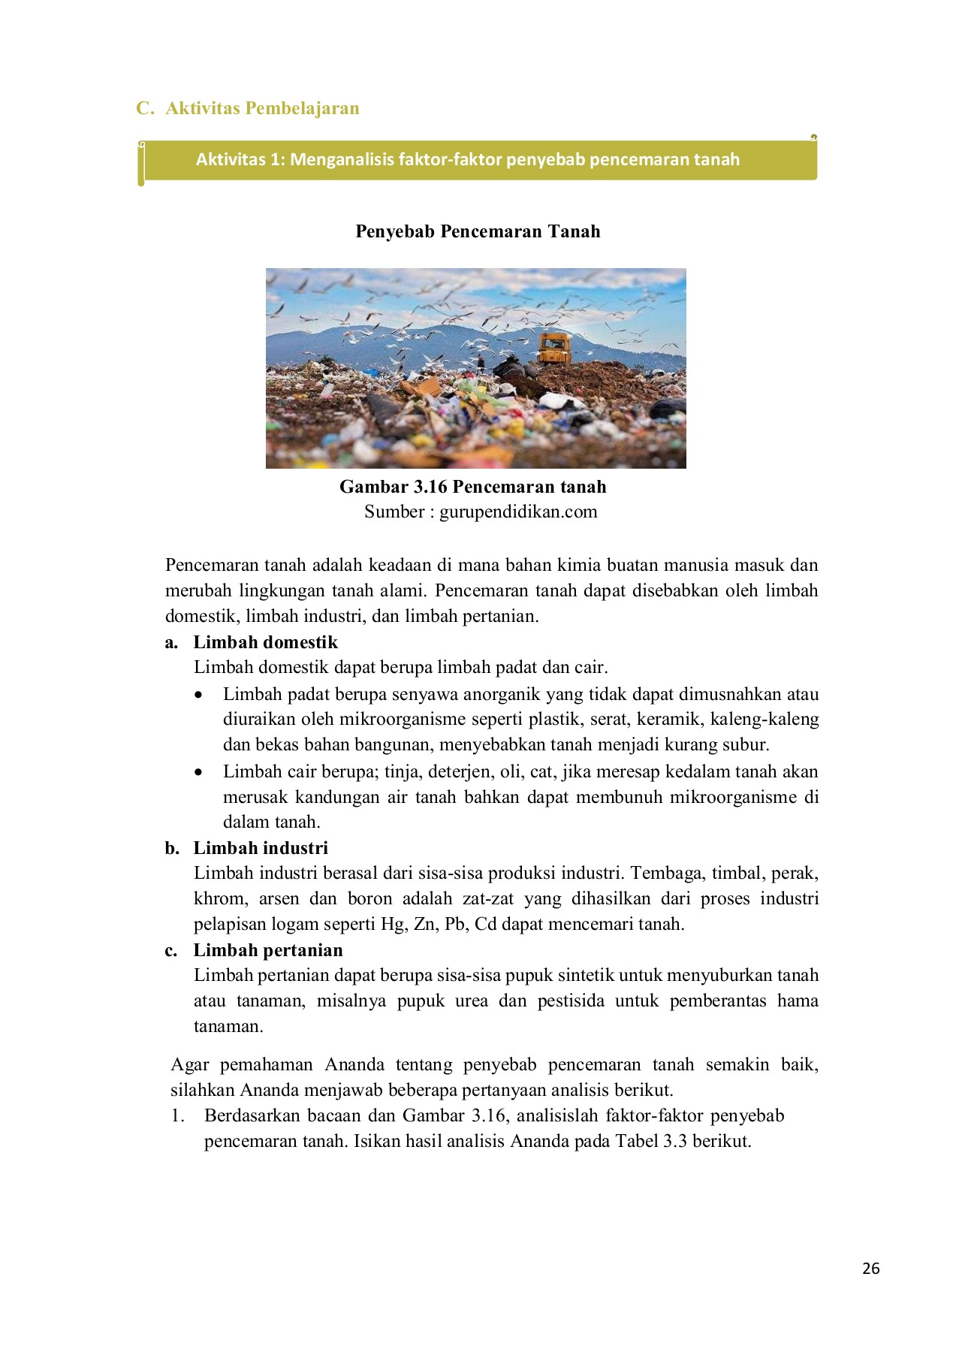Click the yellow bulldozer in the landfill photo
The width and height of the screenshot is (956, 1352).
[x=554, y=349]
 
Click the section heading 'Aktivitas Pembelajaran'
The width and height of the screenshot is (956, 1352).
[x=262, y=108]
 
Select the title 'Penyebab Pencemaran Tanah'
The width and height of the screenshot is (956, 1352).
[x=478, y=231]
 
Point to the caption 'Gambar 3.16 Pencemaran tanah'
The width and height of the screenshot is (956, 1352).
[x=473, y=487]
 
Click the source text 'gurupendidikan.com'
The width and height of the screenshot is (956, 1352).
[x=518, y=512]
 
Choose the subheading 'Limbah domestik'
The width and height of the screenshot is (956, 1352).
[x=266, y=642]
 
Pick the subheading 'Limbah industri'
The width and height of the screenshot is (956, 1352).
[x=261, y=848]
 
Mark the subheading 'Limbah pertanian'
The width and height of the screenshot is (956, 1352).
[x=268, y=950]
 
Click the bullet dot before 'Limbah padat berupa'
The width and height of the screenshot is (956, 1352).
[x=198, y=695]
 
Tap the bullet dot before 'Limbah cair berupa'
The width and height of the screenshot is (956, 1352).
[x=198, y=772]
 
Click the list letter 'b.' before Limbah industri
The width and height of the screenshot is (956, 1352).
[x=172, y=848]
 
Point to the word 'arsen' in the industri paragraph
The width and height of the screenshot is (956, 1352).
[x=279, y=898]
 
